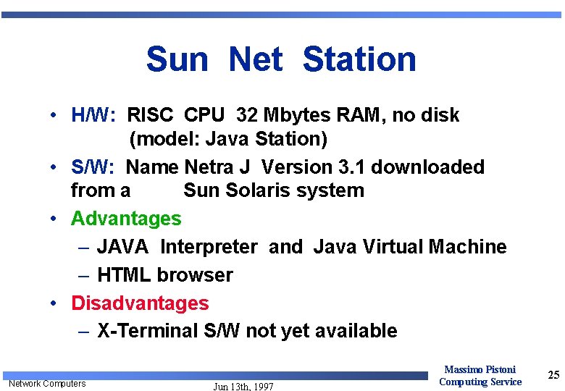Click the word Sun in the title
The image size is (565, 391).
click(x=176, y=59)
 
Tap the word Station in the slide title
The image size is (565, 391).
click(x=359, y=59)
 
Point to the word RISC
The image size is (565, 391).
click(x=150, y=115)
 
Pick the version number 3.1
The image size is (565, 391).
click(x=351, y=167)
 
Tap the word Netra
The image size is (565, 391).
click(x=209, y=167)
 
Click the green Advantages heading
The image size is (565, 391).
click(x=126, y=218)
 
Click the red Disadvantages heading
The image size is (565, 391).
click(x=140, y=303)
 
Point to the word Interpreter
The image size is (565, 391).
click(x=209, y=247)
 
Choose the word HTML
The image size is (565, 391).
click(x=124, y=275)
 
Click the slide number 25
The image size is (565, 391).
click(x=553, y=374)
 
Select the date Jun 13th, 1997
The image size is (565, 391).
click(x=243, y=387)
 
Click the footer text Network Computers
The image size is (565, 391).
click(x=46, y=383)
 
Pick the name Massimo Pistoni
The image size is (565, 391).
click(x=480, y=370)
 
